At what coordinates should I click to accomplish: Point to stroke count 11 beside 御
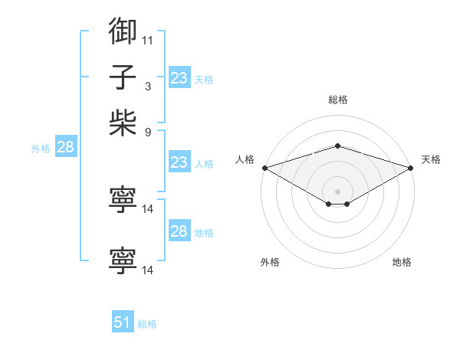[x=148, y=39]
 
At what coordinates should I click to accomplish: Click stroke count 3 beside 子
[x=148, y=86]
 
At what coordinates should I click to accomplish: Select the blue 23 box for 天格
[x=179, y=78]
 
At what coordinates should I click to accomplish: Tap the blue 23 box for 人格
[x=179, y=162]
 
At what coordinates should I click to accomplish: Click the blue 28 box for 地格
[x=179, y=231]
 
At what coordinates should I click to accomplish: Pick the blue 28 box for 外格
[x=65, y=148]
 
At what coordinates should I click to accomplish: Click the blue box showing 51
[x=123, y=322]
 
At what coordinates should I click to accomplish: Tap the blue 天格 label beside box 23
[x=204, y=80]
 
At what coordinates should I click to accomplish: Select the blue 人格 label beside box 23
[x=204, y=164]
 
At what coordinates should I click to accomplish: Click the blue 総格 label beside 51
[x=147, y=324]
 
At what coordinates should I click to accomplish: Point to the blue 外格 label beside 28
[x=41, y=149]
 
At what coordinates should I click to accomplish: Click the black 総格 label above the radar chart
[x=337, y=100]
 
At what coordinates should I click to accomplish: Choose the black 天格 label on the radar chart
[x=432, y=159]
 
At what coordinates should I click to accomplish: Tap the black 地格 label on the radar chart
[x=402, y=262]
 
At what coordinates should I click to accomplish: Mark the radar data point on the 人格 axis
[x=264, y=168]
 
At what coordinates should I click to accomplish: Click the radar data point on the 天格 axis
[x=411, y=168]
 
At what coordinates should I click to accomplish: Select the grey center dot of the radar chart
[x=337, y=191]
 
